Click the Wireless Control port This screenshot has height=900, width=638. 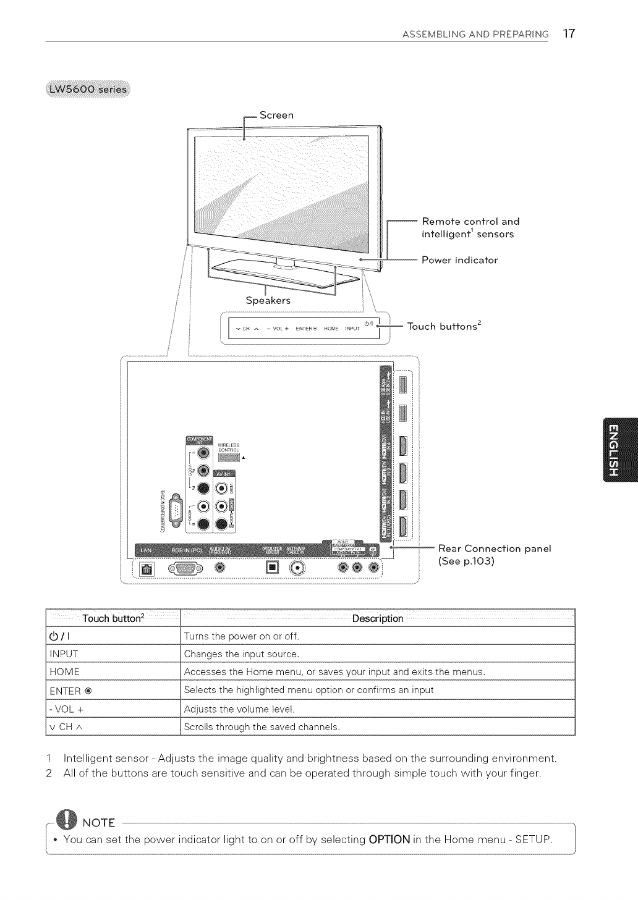pyautogui.click(x=228, y=457)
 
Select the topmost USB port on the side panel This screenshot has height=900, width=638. pyautogui.click(x=403, y=385)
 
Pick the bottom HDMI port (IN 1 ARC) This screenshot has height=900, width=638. pyautogui.click(x=403, y=526)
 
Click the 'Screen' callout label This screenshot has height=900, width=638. pyautogui.click(x=276, y=116)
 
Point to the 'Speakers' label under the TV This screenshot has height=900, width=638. pyautogui.click(x=268, y=301)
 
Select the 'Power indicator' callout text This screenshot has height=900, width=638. pyautogui.click(x=459, y=260)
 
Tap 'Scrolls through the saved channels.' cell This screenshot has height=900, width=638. pyautogui.click(x=262, y=726)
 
